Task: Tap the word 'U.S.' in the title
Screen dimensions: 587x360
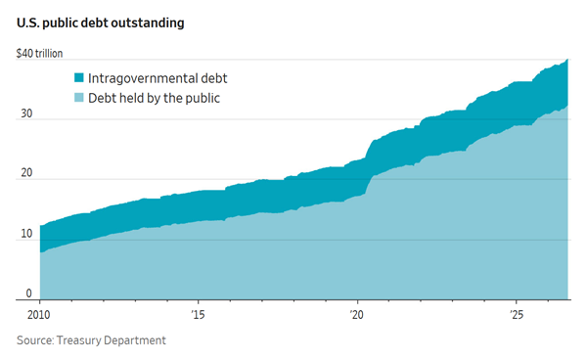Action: (x=27, y=22)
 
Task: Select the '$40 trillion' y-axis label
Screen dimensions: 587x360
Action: (x=39, y=54)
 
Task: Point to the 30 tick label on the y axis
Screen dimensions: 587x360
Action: (x=26, y=113)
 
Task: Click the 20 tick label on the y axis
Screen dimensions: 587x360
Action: (x=26, y=173)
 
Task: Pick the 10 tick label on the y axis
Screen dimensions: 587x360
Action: (x=26, y=234)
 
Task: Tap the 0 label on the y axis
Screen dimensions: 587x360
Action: (x=28, y=293)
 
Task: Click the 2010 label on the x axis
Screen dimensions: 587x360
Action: (x=38, y=315)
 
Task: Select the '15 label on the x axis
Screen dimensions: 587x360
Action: (x=198, y=315)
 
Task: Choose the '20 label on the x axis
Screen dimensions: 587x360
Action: (x=357, y=315)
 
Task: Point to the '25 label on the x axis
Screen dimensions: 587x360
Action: (x=517, y=315)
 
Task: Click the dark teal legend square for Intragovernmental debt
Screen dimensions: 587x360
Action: (x=79, y=78)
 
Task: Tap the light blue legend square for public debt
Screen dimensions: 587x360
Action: (x=79, y=98)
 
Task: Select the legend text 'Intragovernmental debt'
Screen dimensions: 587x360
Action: (x=158, y=78)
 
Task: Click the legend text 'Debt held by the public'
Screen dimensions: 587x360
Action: (x=154, y=99)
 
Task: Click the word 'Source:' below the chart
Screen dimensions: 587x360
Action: (x=35, y=340)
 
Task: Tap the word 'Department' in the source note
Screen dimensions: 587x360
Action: (x=135, y=340)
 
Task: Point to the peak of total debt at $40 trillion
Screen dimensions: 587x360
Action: (x=567, y=60)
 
